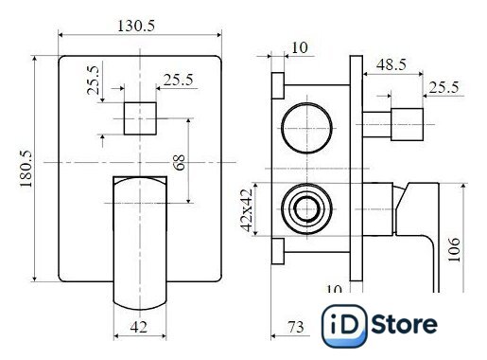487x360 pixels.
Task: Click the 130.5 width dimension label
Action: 136,26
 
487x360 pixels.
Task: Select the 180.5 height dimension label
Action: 26,169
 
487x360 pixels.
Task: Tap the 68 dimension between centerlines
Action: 180,162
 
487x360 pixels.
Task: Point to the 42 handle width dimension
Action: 139,327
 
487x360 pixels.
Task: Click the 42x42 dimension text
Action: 246,210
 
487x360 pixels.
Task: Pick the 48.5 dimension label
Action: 391,64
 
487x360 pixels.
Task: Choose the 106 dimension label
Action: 454,250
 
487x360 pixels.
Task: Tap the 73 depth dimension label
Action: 296,327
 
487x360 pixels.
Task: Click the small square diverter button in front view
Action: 140,118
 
